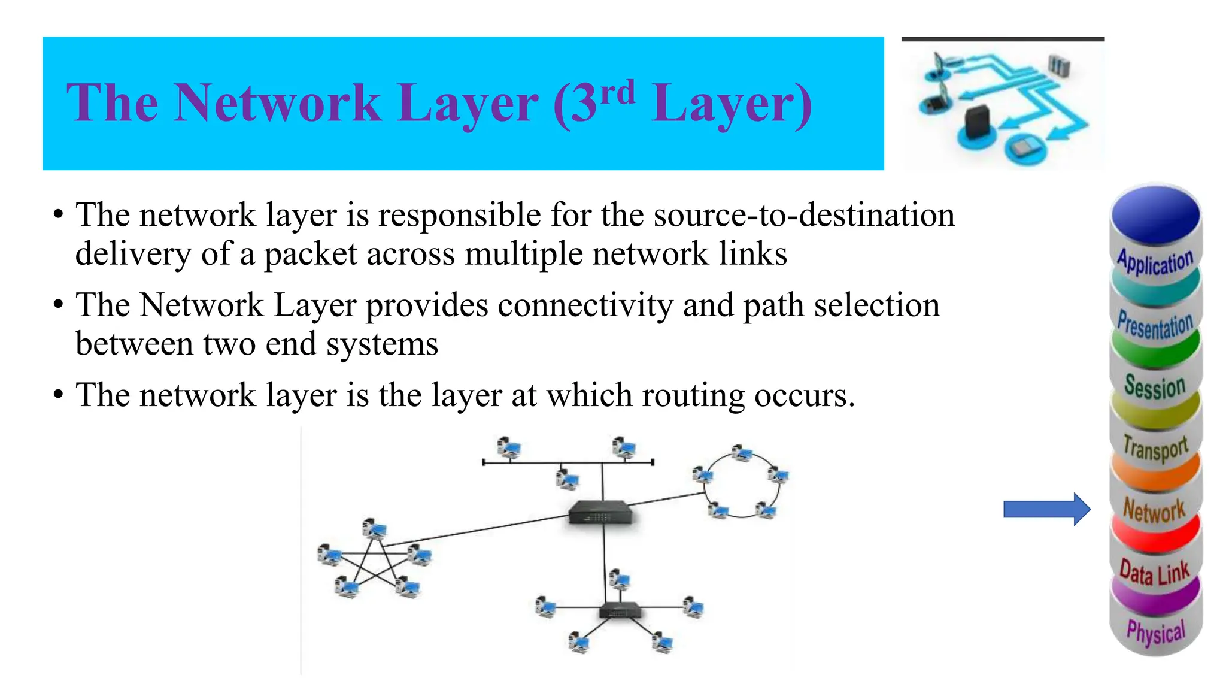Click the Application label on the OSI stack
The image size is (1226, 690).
(x=1155, y=262)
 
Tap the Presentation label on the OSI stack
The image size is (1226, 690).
(x=1155, y=325)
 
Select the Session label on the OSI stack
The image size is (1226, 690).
(x=1155, y=386)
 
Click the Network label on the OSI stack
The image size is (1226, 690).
(x=1154, y=510)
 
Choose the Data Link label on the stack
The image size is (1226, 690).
(x=1154, y=573)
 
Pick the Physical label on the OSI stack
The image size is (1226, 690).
(x=1155, y=632)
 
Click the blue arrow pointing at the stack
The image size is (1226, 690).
(x=1046, y=509)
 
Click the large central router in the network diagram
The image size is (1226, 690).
(x=599, y=512)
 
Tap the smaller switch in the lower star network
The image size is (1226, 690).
(x=620, y=611)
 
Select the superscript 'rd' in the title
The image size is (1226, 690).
(x=617, y=93)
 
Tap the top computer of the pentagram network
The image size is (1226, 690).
(x=374, y=529)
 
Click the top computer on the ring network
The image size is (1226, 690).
(x=742, y=453)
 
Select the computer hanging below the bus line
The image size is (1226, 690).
(x=566, y=479)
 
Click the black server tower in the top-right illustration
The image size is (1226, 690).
(x=977, y=121)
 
